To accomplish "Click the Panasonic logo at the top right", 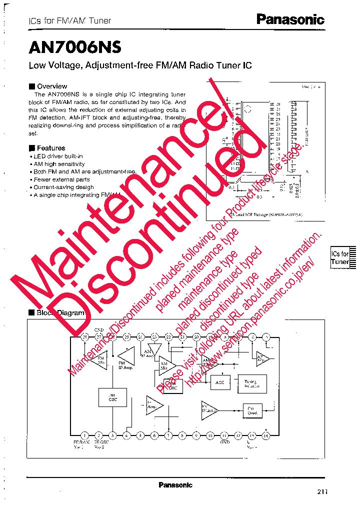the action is click(x=290, y=19).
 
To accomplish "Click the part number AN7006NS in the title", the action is click(x=75, y=47).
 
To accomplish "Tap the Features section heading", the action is click(x=50, y=148).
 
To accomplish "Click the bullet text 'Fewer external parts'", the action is click(x=61, y=179).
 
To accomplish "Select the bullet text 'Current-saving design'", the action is click(x=63, y=187).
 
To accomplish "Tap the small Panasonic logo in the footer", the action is click(x=175, y=485).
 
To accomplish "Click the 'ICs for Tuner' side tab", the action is click(x=340, y=258).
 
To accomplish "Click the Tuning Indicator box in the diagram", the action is click(x=252, y=383).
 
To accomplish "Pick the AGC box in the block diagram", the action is click(x=220, y=382).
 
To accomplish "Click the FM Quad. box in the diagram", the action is click(x=252, y=409).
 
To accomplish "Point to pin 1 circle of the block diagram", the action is click(x=84, y=435).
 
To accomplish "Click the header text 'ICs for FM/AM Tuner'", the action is click(x=69, y=21).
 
